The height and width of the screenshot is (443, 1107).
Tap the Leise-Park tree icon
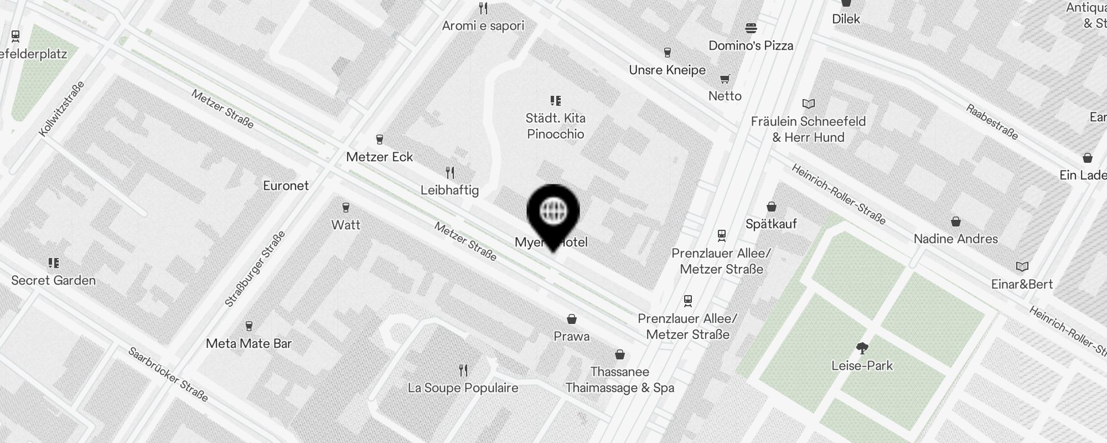point(862,348)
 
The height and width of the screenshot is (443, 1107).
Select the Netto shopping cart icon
point(725,79)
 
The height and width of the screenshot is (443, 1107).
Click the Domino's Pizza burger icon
point(751,28)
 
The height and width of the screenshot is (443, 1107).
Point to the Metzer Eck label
point(379,157)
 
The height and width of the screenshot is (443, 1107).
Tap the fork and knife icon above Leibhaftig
point(450,173)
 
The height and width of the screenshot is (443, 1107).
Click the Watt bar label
point(345,225)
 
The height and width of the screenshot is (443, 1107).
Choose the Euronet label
point(286,186)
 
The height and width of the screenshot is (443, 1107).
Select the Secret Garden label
point(53,280)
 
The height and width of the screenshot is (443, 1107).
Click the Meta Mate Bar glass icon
point(249,326)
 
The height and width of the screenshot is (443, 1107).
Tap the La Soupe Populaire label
point(463,388)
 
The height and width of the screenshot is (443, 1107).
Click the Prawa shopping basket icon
point(572,319)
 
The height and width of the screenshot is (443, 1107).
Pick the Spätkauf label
point(771,224)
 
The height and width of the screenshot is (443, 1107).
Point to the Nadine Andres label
point(955,239)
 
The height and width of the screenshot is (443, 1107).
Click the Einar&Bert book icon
point(1022,267)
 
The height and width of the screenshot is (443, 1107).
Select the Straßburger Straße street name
point(255,269)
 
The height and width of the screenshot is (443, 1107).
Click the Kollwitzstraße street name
point(62,109)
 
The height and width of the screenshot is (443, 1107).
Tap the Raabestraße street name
point(992,122)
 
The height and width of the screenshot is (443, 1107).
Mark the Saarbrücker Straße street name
point(168,375)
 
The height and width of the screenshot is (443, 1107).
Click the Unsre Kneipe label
point(667,70)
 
